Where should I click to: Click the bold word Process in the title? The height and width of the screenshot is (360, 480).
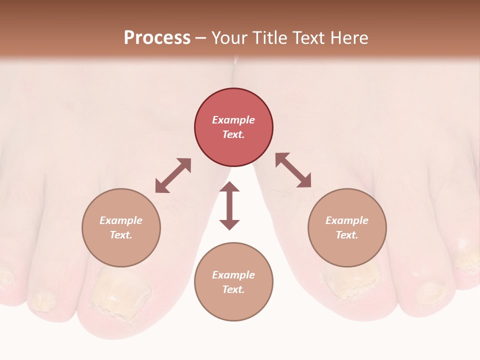(x=157, y=38)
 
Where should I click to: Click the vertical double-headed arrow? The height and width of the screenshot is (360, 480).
(x=229, y=205)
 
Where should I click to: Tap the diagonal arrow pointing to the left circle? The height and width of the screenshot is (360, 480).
(x=173, y=175)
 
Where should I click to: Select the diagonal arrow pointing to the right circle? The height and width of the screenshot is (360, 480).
(x=293, y=170)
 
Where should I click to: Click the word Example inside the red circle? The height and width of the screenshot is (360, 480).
(x=233, y=120)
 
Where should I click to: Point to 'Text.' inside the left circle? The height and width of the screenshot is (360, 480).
(x=121, y=235)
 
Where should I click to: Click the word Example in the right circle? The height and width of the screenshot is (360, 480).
(x=347, y=220)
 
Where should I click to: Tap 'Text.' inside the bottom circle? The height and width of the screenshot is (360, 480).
(x=233, y=289)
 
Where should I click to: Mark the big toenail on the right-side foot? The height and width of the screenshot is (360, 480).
(x=350, y=280)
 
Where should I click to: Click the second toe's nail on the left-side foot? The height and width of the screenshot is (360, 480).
(x=43, y=300)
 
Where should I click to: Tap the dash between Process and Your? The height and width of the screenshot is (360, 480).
(x=201, y=38)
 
